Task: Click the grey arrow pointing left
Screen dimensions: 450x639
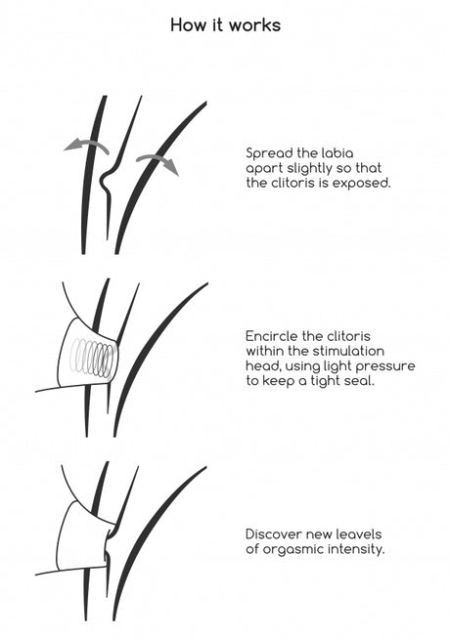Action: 86,146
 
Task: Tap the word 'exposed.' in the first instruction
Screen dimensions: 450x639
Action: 362,184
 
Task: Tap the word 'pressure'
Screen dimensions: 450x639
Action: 385,366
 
